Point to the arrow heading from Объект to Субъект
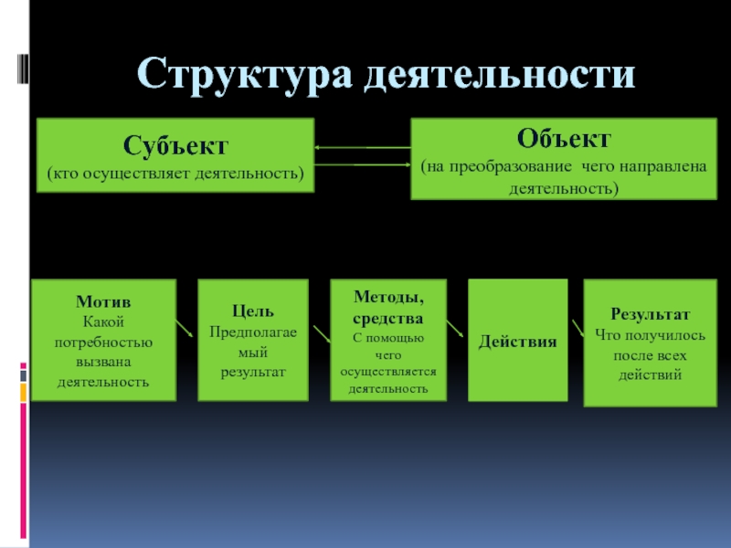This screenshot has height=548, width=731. (361, 147)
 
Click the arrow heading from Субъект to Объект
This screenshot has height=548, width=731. (361, 164)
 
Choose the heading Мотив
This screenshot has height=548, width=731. (102, 301)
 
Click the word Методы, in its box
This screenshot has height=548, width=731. (388, 298)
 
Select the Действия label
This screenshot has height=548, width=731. (518, 342)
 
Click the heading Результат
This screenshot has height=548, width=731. (650, 313)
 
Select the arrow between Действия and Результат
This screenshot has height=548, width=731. (577, 329)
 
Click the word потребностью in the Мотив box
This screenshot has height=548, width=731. (102, 342)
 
